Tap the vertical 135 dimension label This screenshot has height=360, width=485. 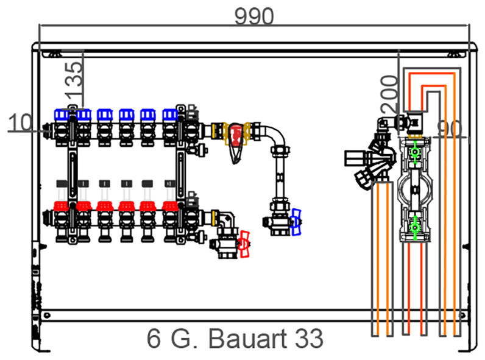pos(74,79)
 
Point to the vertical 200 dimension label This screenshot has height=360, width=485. pos(389,94)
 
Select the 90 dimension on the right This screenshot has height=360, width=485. pos(450,129)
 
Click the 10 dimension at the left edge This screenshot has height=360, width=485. pos(19,122)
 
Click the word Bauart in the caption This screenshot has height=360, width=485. pos(248,338)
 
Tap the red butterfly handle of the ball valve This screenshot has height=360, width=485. pos(245,244)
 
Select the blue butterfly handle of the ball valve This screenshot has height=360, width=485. pos(296,222)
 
